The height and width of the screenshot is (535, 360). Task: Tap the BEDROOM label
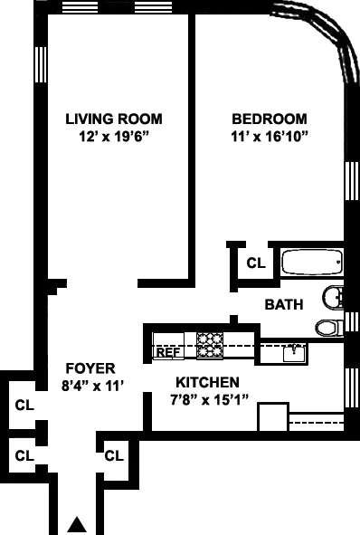pos(269,119)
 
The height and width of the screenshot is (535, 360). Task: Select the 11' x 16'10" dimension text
pos(269,137)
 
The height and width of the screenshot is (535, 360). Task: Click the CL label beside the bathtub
pos(256,263)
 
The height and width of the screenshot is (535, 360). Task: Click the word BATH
pos(283,304)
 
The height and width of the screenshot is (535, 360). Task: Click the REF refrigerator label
pos(167,352)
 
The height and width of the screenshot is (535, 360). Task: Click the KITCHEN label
pos(207,382)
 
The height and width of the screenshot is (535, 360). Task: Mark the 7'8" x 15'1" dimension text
pos(207,399)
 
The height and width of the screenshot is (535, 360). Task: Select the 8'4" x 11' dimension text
pos(91,386)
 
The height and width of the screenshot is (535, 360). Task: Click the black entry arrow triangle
pos(78,523)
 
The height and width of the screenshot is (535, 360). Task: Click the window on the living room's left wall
pos(39,64)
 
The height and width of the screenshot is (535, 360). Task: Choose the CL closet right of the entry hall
pos(114,454)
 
